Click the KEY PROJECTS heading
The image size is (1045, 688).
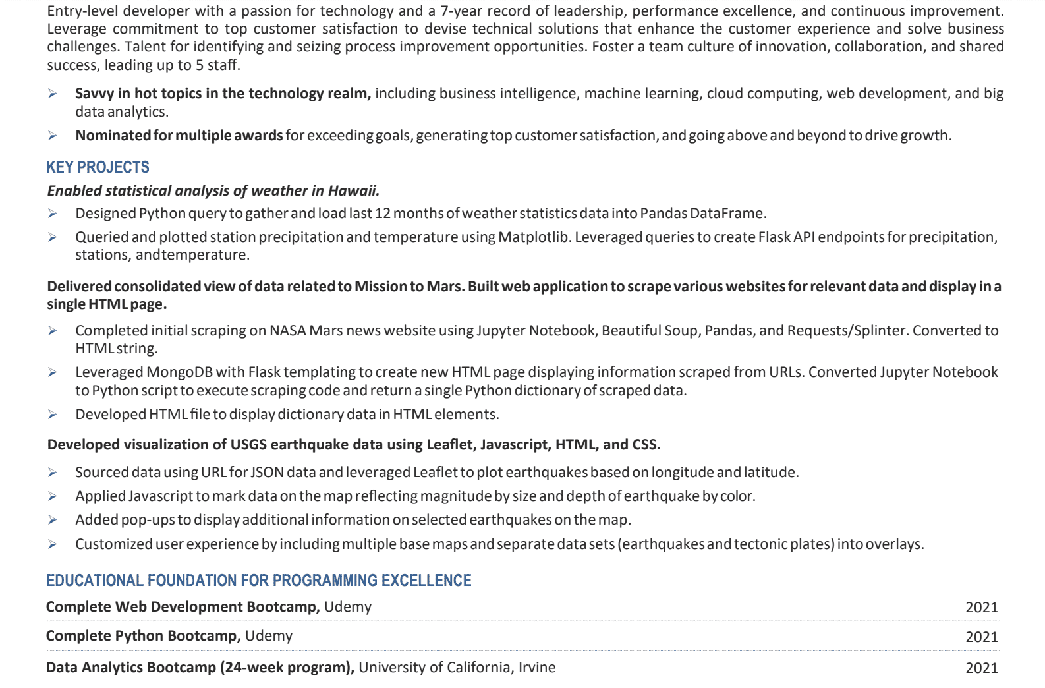(x=98, y=167)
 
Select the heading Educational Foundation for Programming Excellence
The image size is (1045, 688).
(x=258, y=581)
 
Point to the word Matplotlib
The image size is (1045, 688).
(x=533, y=237)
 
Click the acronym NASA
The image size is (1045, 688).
(x=287, y=331)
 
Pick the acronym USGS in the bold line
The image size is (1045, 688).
(x=248, y=445)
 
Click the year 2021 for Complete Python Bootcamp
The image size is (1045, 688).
(x=981, y=637)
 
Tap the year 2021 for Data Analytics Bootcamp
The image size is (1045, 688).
(x=981, y=668)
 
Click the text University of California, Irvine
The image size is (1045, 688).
(x=457, y=668)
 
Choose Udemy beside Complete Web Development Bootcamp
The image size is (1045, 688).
(x=347, y=607)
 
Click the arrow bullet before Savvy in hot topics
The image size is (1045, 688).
(x=53, y=94)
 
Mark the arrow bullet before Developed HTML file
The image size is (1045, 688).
(x=53, y=415)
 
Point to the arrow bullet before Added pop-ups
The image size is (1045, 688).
(x=53, y=520)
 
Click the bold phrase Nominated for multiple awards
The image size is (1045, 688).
(x=179, y=136)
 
